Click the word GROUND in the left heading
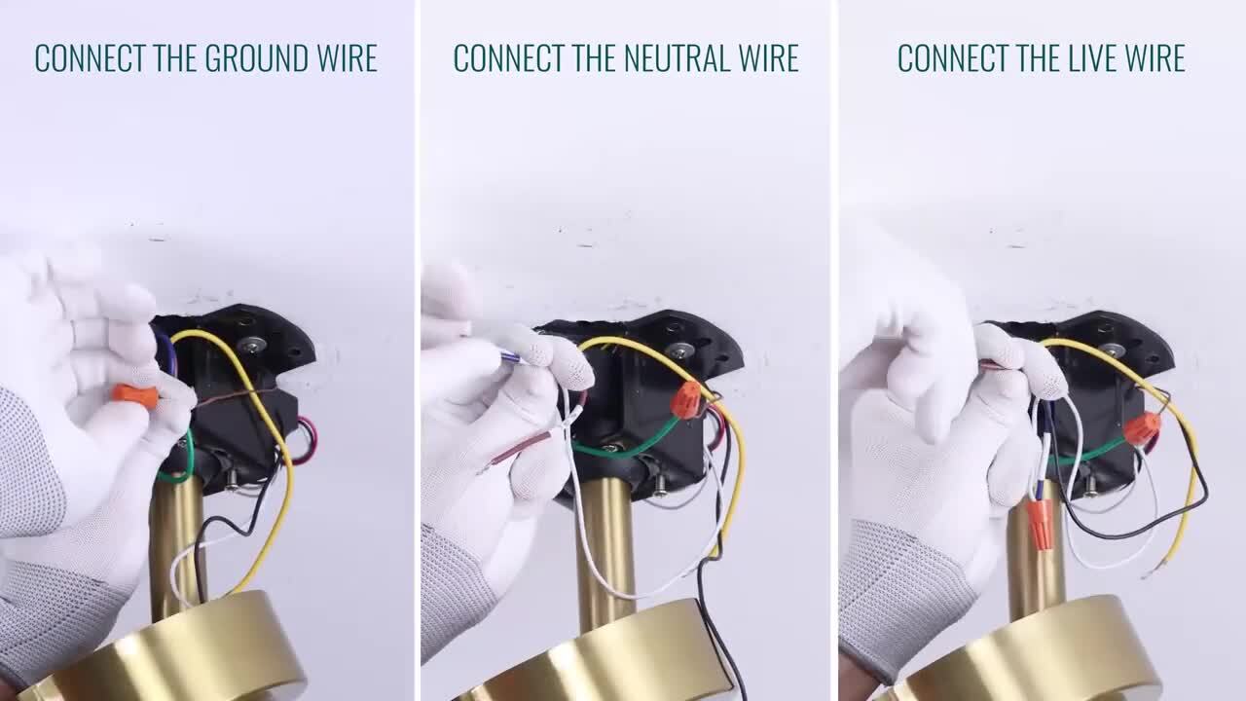(x=256, y=57)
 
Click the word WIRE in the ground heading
(x=348, y=57)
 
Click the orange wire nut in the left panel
(x=135, y=395)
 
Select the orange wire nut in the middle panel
(x=686, y=399)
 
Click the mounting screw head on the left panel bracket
(x=251, y=346)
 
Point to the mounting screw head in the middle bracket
(x=679, y=350)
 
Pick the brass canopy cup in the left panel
(x=166, y=651)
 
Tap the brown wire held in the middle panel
(x=517, y=448)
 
